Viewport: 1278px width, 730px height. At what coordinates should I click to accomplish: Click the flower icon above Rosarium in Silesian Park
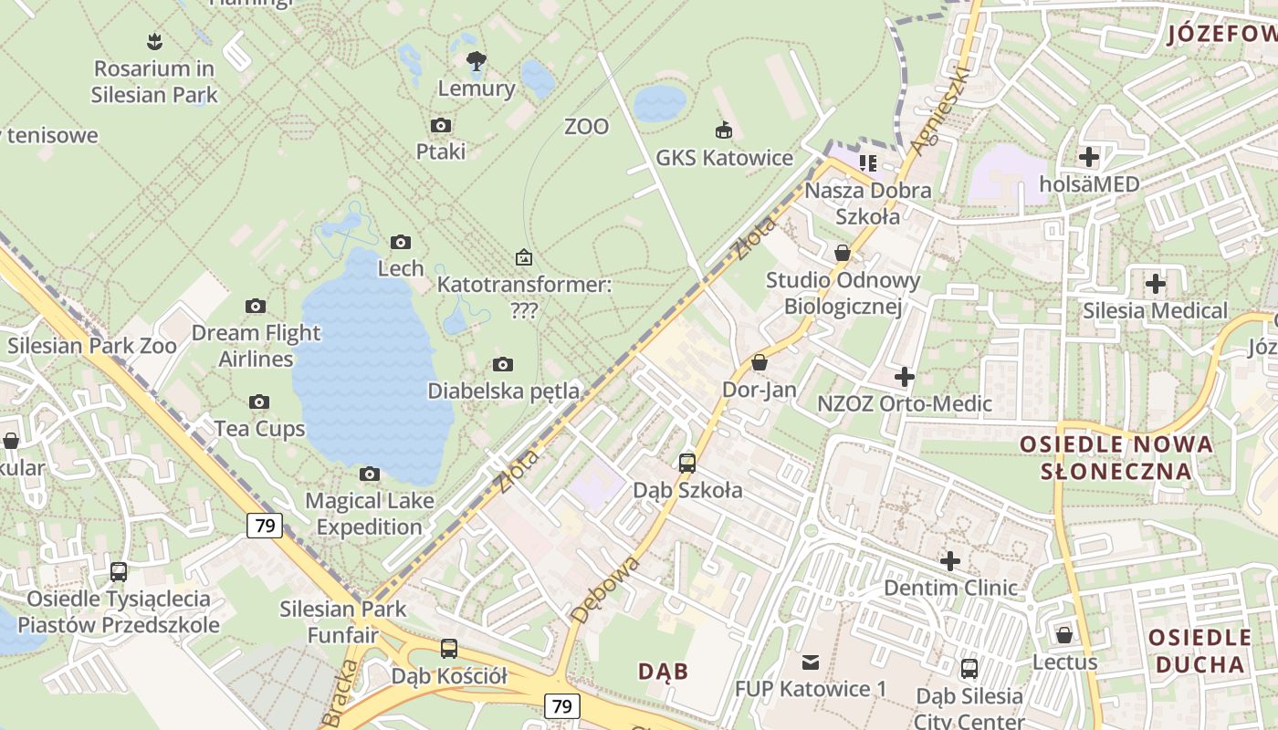tap(154, 41)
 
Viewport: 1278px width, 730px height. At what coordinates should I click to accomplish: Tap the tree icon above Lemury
tap(476, 61)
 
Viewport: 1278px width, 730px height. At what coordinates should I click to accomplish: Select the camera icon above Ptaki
tap(441, 125)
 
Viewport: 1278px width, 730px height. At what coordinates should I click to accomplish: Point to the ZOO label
tap(586, 127)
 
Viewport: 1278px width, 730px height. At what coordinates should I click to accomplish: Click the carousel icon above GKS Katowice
tap(724, 130)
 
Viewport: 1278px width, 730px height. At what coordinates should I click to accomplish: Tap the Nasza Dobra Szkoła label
tap(867, 203)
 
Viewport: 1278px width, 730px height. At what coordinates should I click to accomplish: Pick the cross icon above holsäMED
tap(1089, 157)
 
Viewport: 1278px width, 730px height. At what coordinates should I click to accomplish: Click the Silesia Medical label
tap(1155, 311)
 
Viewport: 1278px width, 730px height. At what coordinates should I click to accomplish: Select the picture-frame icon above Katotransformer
tap(523, 257)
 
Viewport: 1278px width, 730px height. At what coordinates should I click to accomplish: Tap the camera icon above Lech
tap(401, 242)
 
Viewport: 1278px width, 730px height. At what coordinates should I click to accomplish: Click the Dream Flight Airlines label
tap(256, 346)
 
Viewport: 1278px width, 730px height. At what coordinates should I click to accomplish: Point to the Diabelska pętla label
tap(503, 391)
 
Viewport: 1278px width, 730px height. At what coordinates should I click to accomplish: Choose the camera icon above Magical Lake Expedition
tap(370, 474)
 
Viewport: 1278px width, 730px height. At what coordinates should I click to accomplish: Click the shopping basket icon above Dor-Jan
tap(759, 362)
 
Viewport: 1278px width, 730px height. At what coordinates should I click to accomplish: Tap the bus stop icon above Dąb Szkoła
tap(687, 463)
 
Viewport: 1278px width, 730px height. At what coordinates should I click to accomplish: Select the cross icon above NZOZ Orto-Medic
tap(904, 376)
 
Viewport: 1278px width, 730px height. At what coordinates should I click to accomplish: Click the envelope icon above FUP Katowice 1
tap(810, 662)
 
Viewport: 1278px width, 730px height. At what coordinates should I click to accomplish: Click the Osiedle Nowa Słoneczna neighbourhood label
tap(1116, 457)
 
